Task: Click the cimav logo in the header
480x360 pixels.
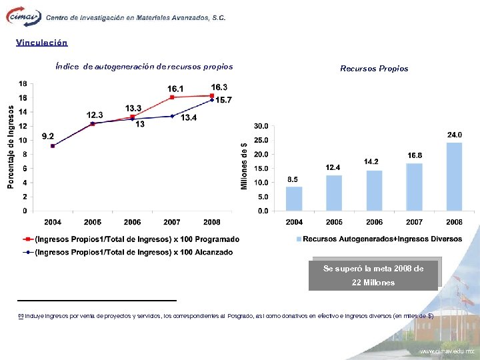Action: (x=23, y=17)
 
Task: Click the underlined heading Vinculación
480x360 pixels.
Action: (x=42, y=43)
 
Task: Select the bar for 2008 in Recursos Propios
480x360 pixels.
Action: (x=454, y=176)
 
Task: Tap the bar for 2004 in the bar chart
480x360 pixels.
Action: (x=294, y=198)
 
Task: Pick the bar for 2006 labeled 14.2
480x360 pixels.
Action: (x=374, y=190)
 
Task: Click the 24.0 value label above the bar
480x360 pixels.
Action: (x=454, y=135)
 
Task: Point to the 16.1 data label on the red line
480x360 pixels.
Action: (x=176, y=89)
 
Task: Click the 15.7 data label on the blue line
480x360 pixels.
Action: (x=223, y=100)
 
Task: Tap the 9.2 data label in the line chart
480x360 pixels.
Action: (x=47, y=137)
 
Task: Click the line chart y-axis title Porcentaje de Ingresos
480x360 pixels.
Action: (x=11, y=147)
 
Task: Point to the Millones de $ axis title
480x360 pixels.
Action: (x=244, y=167)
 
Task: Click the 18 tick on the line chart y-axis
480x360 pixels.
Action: (x=23, y=84)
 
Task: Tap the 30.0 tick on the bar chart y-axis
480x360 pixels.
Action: (x=261, y=125)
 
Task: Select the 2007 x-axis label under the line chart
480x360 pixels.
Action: (x=171, y=222)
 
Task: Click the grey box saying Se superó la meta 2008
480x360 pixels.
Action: (x=373, y=275)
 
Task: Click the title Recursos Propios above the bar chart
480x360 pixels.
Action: (x=374, y=69)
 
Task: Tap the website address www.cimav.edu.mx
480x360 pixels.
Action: (x=446, y=351)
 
